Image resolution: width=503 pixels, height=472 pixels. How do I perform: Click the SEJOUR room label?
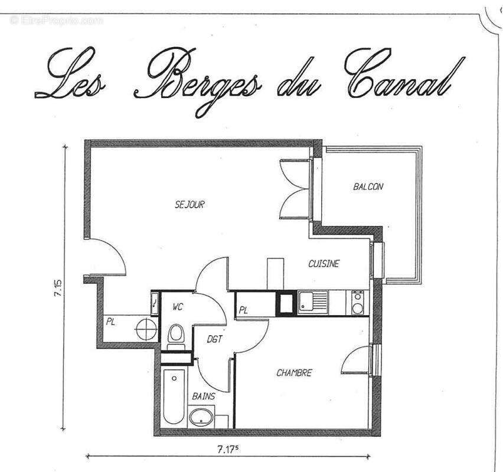(x=190, y=205)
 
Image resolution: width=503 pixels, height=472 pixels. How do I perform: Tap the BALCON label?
(x=368, y=186)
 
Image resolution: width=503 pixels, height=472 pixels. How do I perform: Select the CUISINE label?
(x=324, y=264)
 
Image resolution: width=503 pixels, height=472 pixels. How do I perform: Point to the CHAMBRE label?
(x=293, y=373)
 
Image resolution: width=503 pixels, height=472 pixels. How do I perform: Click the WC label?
(x=178, y=307)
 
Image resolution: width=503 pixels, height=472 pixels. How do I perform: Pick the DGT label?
(x=214, y=339)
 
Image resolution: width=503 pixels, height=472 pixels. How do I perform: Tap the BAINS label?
(x=203, y=396)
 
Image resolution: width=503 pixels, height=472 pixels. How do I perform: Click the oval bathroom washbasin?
(x=202, y=418)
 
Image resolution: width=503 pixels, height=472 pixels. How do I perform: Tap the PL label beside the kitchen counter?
(x=243, y=309)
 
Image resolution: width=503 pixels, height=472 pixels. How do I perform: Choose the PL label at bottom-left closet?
(x=110, y=322)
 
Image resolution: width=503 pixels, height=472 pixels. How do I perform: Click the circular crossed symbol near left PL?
(x=145, y=328)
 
